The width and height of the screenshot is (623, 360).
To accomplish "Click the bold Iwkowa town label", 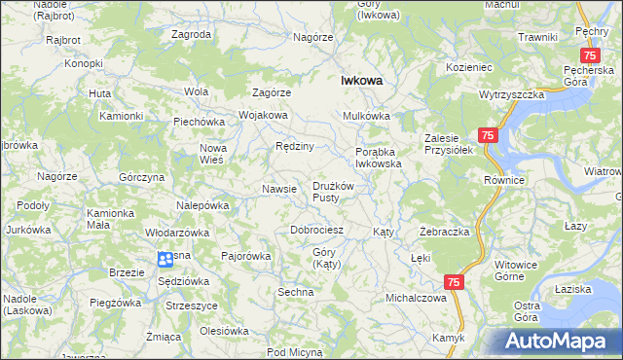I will click(360, 82).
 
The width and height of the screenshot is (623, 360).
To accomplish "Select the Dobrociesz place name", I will click(317, 231).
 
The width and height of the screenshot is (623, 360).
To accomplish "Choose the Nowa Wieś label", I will click(212, 153).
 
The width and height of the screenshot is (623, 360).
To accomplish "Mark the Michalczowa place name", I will click(416, 298).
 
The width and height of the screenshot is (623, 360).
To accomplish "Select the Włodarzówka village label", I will click(177, 234).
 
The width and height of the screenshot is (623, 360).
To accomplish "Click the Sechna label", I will click(295, 292).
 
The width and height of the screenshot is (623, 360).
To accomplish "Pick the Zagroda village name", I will click(191, 34).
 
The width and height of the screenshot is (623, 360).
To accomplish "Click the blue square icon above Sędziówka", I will click(165, 259).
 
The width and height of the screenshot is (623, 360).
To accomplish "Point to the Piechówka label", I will click(200, 122).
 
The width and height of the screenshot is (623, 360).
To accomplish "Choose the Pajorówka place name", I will click(245, 257).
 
